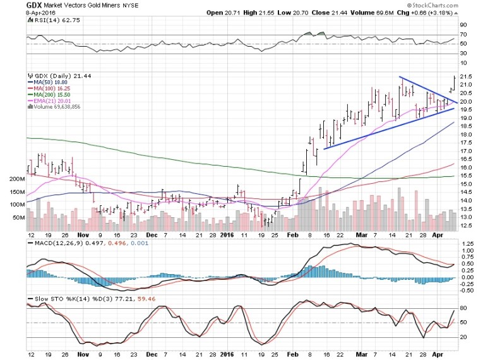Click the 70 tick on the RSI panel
coord(463,35)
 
